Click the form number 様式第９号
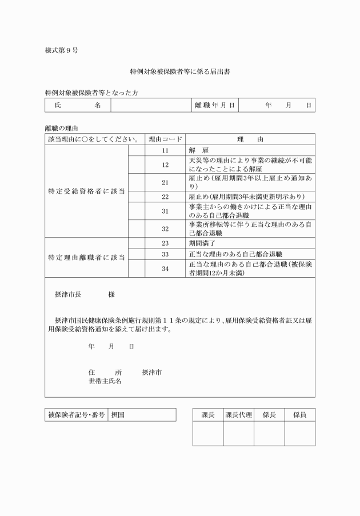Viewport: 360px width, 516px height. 62,50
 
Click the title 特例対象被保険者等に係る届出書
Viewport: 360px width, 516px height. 180,73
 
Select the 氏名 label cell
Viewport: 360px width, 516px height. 78,105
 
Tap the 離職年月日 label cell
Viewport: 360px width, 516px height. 214,105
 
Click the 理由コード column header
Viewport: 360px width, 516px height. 165,139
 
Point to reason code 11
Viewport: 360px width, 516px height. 165,150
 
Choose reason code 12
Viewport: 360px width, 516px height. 165,165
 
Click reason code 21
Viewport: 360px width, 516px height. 165,182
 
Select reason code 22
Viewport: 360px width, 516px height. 165,197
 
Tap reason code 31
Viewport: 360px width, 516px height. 165,211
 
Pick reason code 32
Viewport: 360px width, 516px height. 165,229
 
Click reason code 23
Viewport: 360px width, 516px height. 165,243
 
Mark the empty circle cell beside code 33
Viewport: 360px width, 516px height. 137,253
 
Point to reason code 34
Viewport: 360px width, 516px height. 165,268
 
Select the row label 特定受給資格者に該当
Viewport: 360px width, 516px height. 86,190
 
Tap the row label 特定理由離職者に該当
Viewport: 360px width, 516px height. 86,257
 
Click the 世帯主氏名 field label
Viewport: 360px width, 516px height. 105,381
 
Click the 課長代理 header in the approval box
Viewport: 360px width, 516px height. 238,415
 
